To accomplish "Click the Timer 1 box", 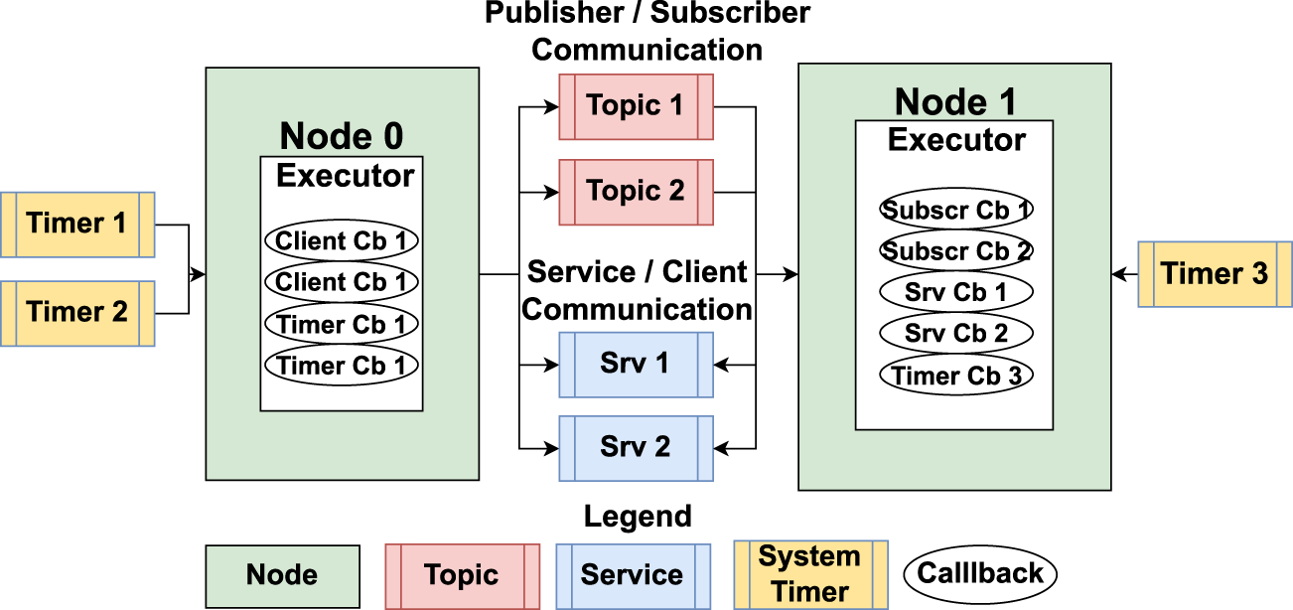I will [76, 225].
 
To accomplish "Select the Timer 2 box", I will [76, 313].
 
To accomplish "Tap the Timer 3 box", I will [1214, 273].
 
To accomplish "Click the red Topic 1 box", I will [636, 106].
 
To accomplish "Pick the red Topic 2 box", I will [636, 192].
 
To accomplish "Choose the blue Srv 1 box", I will [636, 365].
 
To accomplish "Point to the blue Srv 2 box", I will [636, 448].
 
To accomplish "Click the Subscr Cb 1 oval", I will [955, 210].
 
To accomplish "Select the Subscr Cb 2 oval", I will [955, 251].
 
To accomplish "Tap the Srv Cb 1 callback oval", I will [955, 293].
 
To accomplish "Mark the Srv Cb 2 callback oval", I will [955, 334].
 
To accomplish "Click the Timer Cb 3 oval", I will [955, 376].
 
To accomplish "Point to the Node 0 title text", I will [341, 136].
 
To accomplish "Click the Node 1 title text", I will [954, 101].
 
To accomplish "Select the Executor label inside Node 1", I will [955, 140].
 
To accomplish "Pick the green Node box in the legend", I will [282, 575].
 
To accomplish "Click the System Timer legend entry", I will [809, 574].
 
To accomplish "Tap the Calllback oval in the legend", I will [979, 573].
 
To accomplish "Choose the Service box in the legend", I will [633, 575].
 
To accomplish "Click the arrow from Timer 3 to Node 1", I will [1124, 273].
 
